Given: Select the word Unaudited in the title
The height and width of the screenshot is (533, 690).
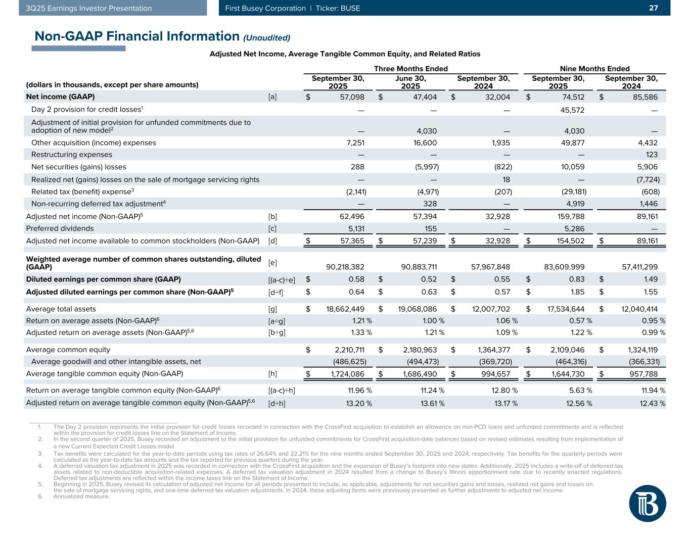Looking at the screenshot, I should click(267, 37).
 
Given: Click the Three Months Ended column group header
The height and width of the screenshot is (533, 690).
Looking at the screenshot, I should click(410, 69).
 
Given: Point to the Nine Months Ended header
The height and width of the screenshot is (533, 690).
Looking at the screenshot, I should click(594, 69).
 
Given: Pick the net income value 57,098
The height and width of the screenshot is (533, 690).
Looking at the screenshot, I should click(350, 96).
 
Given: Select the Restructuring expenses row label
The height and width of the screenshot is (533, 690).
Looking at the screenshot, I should click(72, 155).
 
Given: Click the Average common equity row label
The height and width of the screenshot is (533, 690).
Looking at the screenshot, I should click(68, 349).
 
